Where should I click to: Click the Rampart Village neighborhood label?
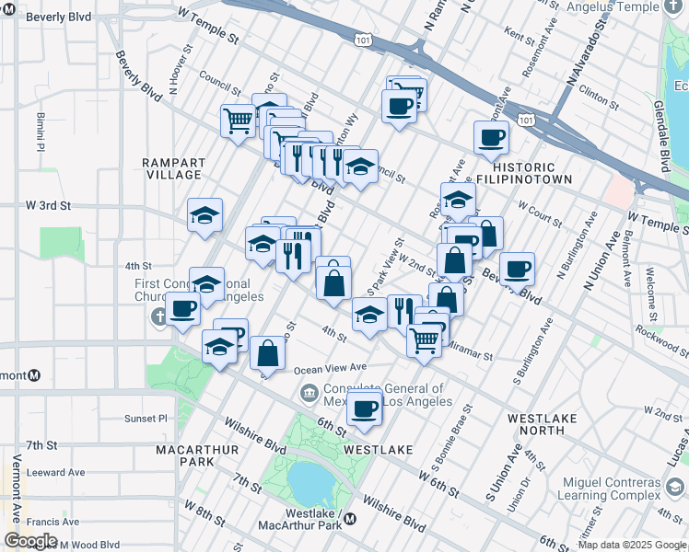pos(172,168)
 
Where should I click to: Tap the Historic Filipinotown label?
pos(524,172)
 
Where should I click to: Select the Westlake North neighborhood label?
pos(542,424)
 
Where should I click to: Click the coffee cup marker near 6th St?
pos(365,408)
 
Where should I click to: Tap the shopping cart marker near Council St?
pos(239,120)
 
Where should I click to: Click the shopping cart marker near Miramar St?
pos(424,339)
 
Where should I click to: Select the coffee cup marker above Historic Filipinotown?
pos(491,138)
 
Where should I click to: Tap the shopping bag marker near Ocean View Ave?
pos(267,352)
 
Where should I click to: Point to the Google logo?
pos(30,541)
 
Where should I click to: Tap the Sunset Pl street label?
pos(146,418)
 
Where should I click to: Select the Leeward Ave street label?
pos(57,472)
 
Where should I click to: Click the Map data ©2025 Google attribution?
pos(632,545)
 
